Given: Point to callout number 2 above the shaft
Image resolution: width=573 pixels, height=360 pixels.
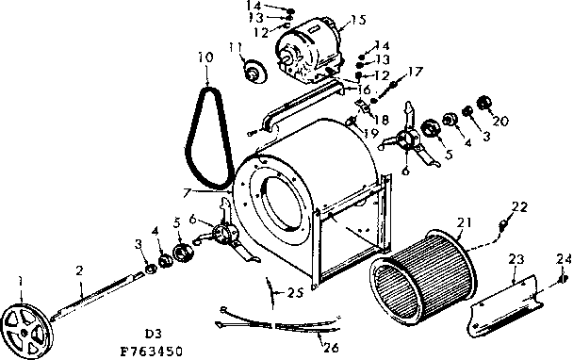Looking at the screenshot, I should click(x=79, y=270).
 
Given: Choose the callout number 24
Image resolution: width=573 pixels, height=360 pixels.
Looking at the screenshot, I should click(x=564, y=258).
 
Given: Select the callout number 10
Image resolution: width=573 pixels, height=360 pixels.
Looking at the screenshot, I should click(x=205, y=57).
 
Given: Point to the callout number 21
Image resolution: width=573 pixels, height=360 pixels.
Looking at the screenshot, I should click(x=462, y=222).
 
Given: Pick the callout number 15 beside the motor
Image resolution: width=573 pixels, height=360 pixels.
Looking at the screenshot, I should click(x=356, y=19).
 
